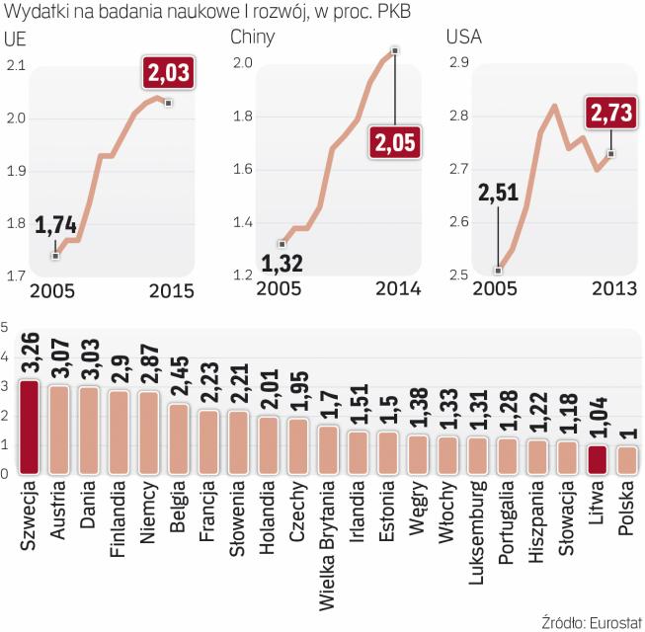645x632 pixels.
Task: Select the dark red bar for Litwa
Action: click(596, 460)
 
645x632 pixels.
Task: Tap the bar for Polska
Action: click(626, 461)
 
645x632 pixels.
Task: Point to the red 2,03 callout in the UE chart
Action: click(168, 72)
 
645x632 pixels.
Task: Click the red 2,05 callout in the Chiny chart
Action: click(395, 142)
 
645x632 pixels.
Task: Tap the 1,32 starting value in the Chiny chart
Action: click(282, 264)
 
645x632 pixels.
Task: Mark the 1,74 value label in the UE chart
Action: click(55, 226)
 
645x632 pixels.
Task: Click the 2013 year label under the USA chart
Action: click(612, 288)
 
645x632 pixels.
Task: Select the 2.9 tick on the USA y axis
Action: click(458, 63)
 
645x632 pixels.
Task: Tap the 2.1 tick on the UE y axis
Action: click(15, 66)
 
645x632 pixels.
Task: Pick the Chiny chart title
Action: click(252, 39)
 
